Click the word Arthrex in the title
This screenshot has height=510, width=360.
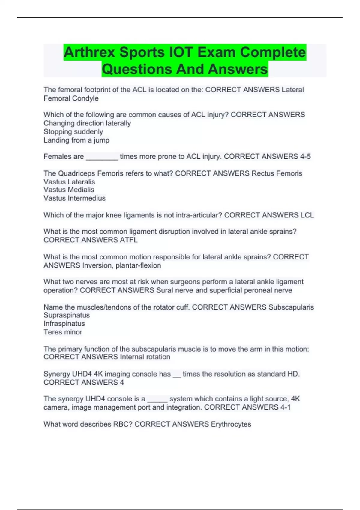click(89, 52)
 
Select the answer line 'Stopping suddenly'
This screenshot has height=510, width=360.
click(73, 132)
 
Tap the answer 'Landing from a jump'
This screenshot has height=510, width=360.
click(76, 140)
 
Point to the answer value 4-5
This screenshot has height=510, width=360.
click(305, 156)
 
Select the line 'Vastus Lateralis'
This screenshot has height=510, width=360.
click(69, 182)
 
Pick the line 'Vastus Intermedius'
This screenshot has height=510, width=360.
click(74, 198)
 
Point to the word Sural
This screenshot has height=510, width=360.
click(164, 290)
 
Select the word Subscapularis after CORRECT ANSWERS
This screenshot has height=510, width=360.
click(291, 307)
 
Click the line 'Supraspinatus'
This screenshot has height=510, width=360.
click(67, 315)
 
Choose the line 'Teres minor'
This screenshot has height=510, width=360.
click(63, 332)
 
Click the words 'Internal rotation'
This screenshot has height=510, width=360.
click(145, 357)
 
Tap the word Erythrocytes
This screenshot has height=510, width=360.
click(231, 424)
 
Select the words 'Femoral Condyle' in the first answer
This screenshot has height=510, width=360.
click(71, 98)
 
